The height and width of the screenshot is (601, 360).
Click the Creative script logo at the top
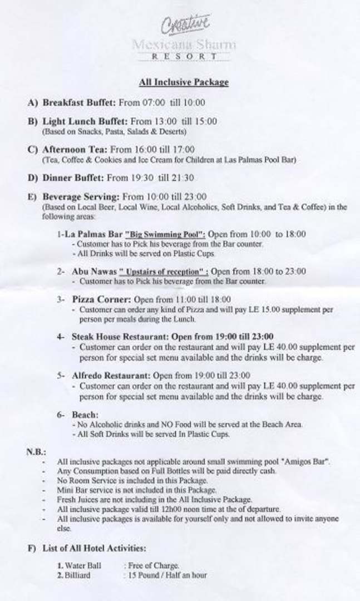pos(185,24)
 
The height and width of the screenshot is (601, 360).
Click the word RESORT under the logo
pos(184,56)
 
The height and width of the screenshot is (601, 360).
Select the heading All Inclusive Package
pos(184,82)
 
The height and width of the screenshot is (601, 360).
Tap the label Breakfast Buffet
pos(79,102)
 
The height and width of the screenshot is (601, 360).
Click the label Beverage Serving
pos(81,196)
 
